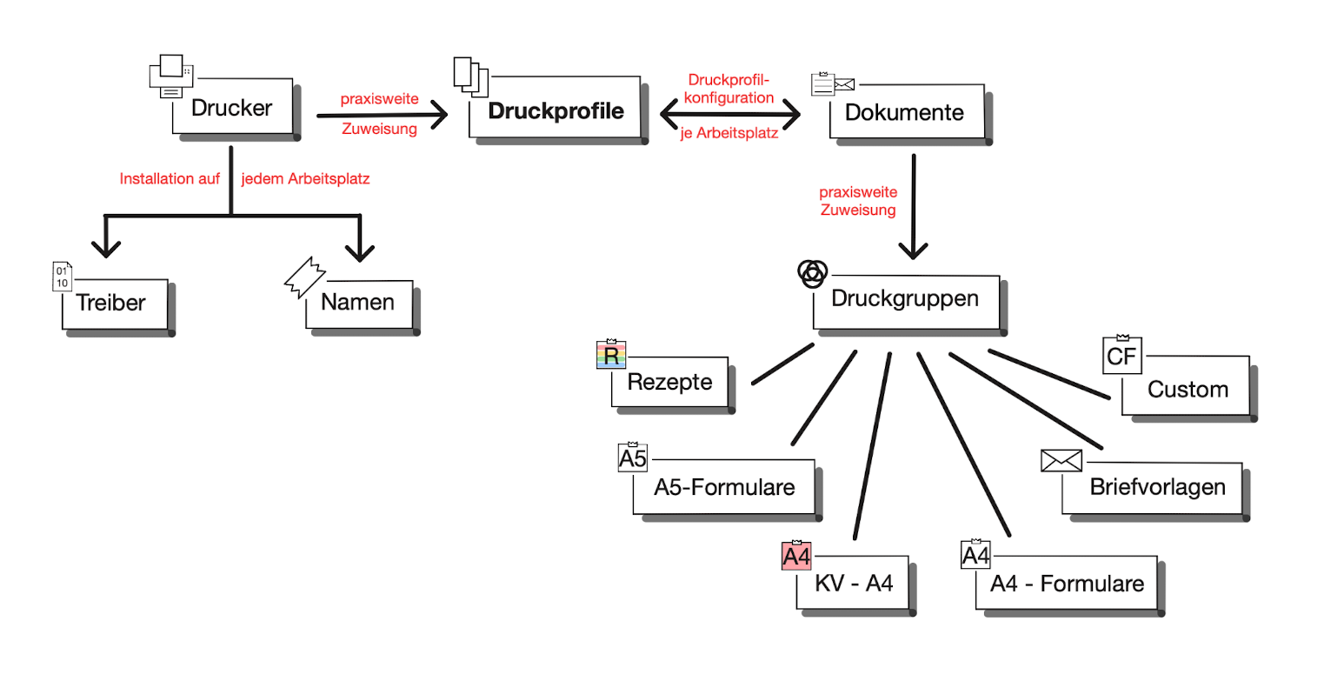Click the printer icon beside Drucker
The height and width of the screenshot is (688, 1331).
[170, 77]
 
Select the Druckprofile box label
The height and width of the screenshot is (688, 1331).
[556, 111]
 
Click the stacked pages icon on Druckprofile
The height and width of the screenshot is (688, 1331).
[470, 76]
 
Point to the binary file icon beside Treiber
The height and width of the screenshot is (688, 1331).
[62, 277]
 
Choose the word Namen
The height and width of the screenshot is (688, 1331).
[357, 303]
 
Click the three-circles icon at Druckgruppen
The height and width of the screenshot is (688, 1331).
[812, 273]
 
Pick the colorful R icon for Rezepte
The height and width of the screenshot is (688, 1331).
[611, 355]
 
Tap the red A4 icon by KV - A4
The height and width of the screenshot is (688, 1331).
[796, 556]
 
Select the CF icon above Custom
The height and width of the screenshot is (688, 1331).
[1121, 356]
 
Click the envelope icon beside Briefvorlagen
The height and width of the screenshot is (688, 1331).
[1061, 461]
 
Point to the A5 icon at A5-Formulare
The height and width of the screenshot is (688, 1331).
[633, 458]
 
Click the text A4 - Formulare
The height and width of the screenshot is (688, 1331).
[1067, 584]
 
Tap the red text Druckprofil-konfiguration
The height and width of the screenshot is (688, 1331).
[729, 90]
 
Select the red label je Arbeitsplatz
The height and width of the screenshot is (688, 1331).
[729, 134]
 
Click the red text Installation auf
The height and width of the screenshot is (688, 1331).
[170, 179]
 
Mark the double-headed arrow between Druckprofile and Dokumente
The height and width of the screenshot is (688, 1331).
[730, 113]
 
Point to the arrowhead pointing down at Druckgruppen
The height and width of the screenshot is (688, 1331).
[913, 250]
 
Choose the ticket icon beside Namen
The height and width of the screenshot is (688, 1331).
[304, 277]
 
